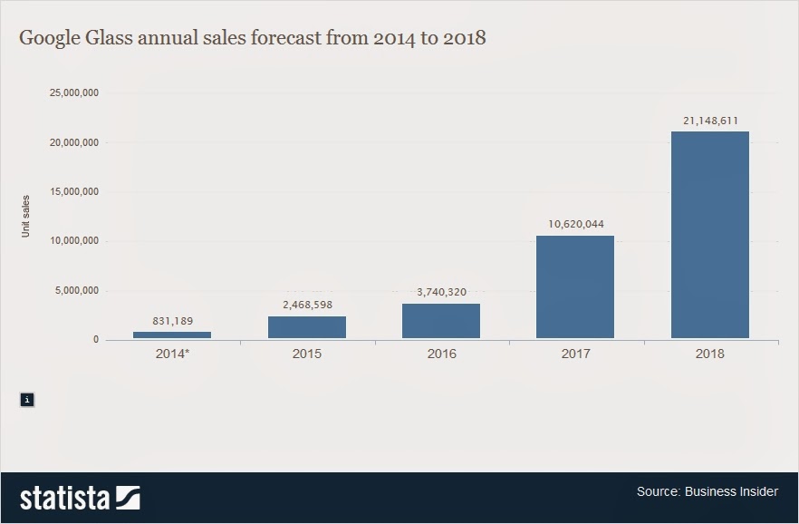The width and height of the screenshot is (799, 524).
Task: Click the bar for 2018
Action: tap(709, 235)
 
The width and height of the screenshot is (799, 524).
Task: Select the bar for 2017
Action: tap(575, 287)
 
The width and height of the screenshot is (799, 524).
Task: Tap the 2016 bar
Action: tap(440, 321)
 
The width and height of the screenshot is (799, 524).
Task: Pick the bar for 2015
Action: tap(306, 327)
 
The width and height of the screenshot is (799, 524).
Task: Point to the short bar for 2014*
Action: tap(172, 335)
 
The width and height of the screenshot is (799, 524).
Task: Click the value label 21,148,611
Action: tap(709, 120)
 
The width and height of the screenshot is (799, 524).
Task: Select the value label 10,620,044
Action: tap(575, 224)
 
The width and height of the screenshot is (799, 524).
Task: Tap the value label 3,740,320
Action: tap(440, 292)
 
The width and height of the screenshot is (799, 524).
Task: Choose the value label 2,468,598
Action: tap(306, 305)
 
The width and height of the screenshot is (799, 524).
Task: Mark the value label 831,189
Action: tap(172, 321)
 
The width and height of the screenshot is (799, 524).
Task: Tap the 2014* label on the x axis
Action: tap(172, 354)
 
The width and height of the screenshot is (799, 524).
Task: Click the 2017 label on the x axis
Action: tap(575, 354)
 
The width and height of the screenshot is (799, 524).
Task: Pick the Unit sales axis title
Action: tap(26, 217)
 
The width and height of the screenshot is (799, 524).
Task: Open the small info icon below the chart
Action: tap(27, 399)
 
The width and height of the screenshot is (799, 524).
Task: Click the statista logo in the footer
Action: tap(80, 498)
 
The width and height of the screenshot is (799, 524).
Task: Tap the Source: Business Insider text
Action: tap(707, 491)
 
